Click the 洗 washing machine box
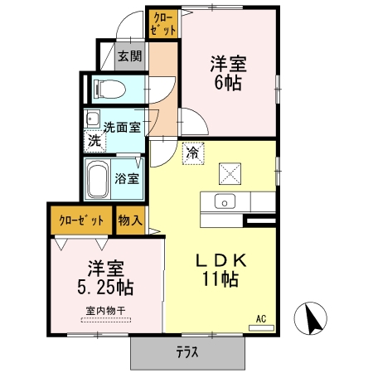pyautogui.click(x=94, y=141)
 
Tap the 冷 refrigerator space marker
pyautogui.click(x=192, y=153)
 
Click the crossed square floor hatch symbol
pyautogui.click(x=229, y=173)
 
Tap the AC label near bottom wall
pyautogui.click(x=260, y=318)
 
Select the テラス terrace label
pyautogui.click(x=186, y=351)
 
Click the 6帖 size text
pyautogui.click(x=228, y=81)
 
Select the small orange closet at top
pyautogui.click(x=164, y=23)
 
